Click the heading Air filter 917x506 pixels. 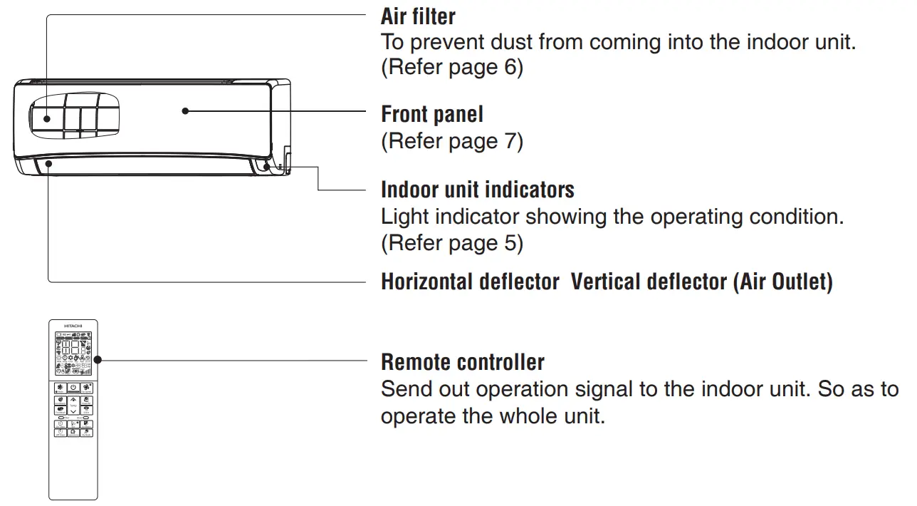[418, 16]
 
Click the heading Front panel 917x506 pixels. [431, 114]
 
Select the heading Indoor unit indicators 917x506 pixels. [477, 190]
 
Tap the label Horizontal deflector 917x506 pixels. [470, 282]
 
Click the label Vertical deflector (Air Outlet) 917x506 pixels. [701, 282]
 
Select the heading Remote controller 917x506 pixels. [462, 362]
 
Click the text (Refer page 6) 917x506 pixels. [451, 68]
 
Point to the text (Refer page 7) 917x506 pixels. [451, 141]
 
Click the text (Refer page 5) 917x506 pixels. [451, 243]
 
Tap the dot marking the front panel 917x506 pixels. [185, 110]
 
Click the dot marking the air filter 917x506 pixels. [47, 119]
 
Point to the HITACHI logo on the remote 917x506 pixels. [73, 325]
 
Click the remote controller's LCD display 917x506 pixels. [73, 353]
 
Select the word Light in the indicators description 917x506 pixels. [404, 217]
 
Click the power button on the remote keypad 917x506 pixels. [73, 388]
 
